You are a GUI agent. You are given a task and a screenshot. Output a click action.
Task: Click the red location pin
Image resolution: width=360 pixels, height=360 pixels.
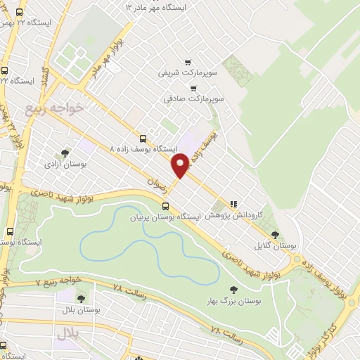181,164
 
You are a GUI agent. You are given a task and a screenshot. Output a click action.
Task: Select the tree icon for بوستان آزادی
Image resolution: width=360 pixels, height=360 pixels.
65,153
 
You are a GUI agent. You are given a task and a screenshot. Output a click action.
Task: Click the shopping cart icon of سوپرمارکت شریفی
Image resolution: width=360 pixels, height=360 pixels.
187,62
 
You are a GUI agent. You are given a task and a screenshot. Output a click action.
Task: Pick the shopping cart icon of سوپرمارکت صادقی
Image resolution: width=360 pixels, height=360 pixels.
193,89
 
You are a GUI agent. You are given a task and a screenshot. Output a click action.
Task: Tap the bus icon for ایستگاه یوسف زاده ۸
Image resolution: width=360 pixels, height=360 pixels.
143,139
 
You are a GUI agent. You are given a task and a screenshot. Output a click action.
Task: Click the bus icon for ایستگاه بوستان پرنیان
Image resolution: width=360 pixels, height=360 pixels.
166,206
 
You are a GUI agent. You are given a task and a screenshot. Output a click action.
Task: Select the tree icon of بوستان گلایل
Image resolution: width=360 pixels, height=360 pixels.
274,235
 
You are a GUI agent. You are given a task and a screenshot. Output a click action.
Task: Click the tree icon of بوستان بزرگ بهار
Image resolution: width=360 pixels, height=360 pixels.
233,289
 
